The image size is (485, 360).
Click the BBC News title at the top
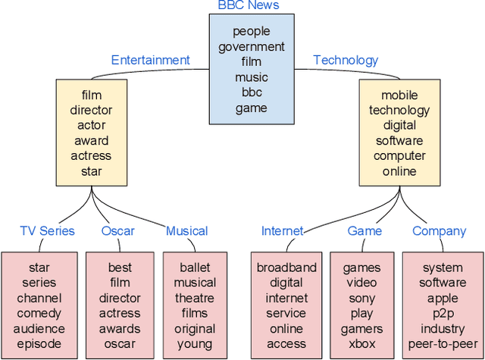pos(249,6)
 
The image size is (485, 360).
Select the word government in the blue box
pos(252,47)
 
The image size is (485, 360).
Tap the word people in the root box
pos(252,31)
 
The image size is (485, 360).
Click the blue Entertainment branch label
pos(150,60)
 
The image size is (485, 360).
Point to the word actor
pos(91,125)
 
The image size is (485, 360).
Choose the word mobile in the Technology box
pos(399,95)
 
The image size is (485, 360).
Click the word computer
pos(399,156)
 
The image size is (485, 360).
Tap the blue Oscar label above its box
pos(117,231)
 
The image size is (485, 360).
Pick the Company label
pos(440,231)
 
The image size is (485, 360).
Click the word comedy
pos(39,313)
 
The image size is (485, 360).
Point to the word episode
pos(39,344)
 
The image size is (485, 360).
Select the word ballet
pos(195,267)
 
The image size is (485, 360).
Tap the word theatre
pos(195,298)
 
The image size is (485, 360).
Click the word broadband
pos(286,267)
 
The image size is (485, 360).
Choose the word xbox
pos(362,344)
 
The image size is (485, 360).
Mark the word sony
pos(362,298)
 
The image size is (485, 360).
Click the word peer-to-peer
pos(443,344)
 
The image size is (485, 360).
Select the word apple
pos(443,298)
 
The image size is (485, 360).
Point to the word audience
pos(39,329)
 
